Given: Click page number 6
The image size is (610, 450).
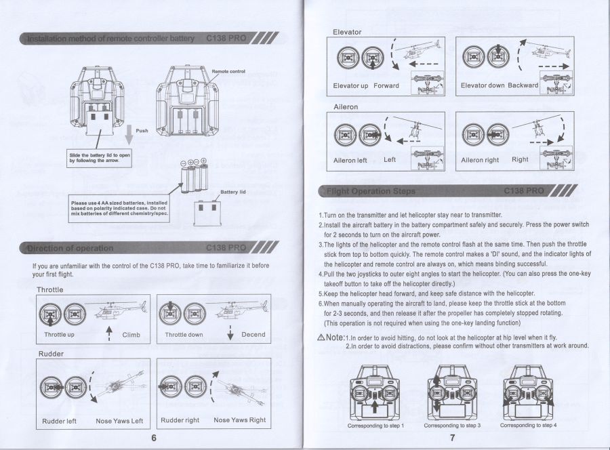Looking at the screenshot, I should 154,437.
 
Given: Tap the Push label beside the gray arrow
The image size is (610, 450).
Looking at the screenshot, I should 142,131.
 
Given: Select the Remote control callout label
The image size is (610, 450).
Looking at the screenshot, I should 228,71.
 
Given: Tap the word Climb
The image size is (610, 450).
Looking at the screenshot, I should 131,335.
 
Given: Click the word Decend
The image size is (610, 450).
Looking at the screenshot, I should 253,335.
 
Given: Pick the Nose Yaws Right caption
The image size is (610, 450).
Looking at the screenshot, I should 239,420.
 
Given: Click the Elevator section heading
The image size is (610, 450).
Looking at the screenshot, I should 347,32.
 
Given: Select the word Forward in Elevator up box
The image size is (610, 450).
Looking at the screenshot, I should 386,86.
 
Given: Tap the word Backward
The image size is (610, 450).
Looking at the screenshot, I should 523,85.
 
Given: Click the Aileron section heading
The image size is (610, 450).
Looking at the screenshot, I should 346,107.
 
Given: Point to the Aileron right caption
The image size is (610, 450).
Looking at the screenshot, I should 480,161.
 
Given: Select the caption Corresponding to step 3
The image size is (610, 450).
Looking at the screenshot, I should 452,426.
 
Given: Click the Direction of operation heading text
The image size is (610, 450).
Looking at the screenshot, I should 70,248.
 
